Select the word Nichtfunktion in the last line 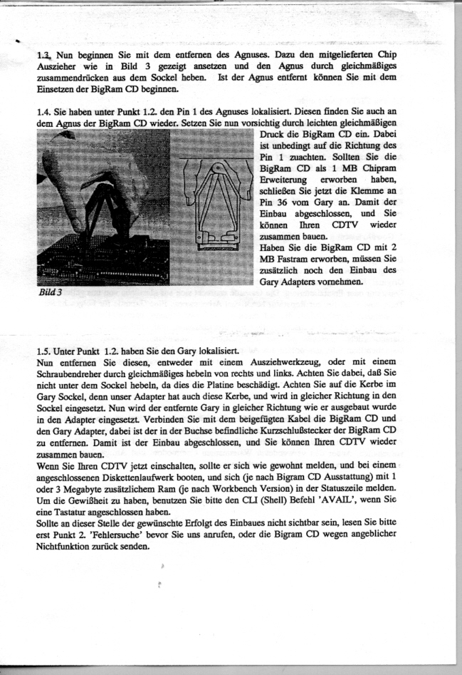tap(65, 547)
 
